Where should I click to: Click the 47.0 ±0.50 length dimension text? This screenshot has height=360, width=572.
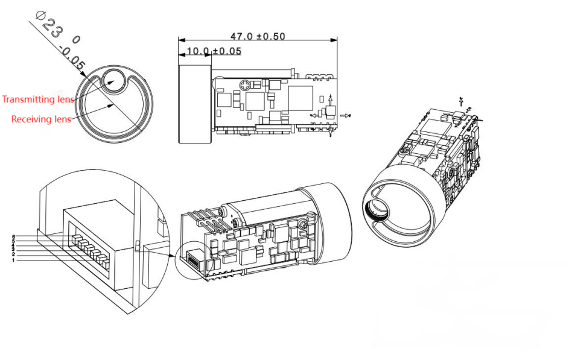coord(258,36)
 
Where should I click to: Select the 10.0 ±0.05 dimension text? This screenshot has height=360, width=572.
coord(214,51)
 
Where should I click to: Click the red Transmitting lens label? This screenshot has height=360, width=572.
coord(38,99)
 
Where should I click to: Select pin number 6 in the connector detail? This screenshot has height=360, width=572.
coord(13,236)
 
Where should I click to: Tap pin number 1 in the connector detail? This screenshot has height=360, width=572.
coord(13,260)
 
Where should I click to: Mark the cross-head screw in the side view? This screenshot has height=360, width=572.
coord(245,85)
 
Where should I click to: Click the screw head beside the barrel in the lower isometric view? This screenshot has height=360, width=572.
coord(229,210)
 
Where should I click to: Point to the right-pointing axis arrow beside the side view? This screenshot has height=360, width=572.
coord(346,115)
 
